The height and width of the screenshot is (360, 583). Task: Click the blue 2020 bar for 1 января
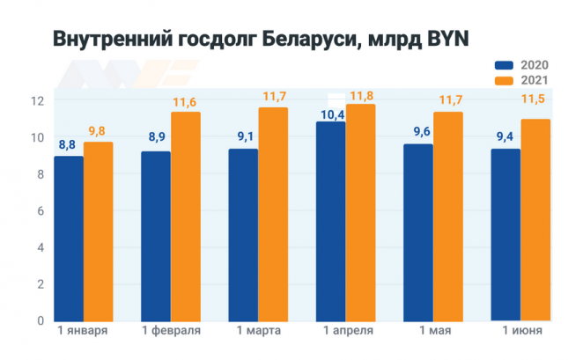tap(69, 238)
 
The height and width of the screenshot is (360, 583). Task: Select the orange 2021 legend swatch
tap(503, 81)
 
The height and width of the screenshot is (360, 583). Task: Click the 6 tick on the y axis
tap(38, 211)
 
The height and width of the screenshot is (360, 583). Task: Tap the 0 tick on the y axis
tap(38, 320)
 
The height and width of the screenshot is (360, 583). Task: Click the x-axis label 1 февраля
tap(172, 331)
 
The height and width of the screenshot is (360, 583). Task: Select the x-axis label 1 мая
tap(433, 331)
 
